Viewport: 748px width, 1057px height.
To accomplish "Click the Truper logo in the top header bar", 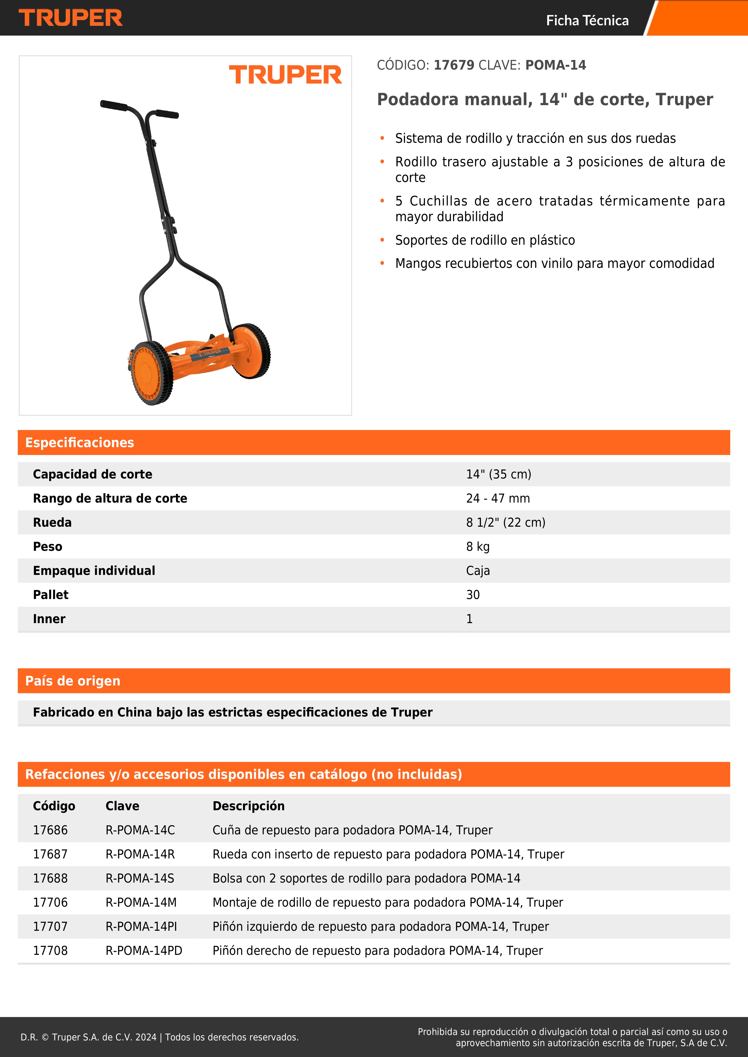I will pos(71,18).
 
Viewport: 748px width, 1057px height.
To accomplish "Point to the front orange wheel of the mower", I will pos(152,373).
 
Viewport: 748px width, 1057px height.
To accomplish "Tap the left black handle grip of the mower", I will pos(114,105).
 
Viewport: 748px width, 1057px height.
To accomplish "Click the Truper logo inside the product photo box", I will pos(285,75).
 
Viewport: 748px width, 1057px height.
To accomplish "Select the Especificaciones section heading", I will pos(80,442).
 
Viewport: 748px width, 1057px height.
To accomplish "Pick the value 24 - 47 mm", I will pos(498,498).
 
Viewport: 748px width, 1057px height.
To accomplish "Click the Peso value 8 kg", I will pos(478,547).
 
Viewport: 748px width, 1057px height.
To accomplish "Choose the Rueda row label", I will pos(52,522).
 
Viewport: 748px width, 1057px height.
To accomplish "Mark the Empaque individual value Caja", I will pos(478,571).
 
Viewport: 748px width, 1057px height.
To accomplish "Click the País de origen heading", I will pos(73,681).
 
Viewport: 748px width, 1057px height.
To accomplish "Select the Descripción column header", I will pos(248,806).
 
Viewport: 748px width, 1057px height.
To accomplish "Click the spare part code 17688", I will pos(50,878).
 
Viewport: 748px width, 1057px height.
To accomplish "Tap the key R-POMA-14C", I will pos(140,830).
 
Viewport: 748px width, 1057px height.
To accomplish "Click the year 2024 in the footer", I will pos(146,1037).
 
